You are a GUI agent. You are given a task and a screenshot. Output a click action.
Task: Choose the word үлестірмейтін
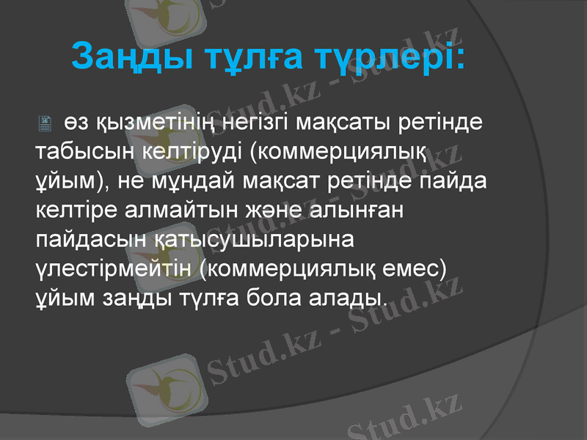click(x=115, y=268)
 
